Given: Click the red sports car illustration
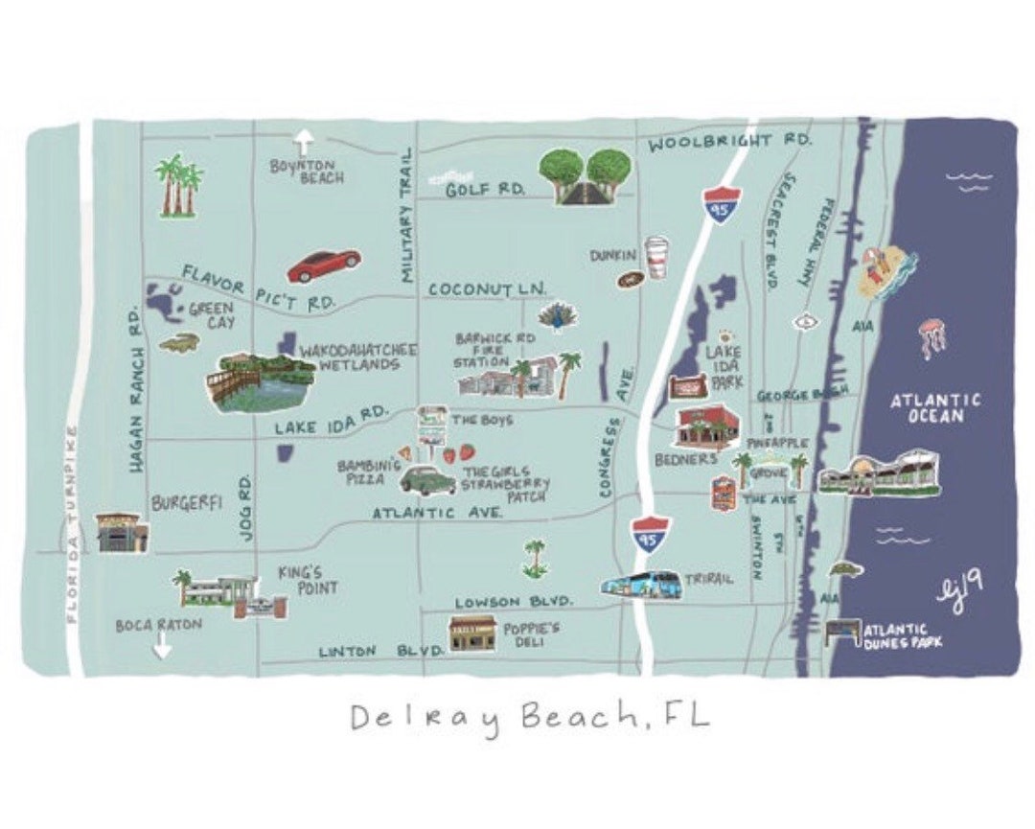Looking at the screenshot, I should pyautogui.click(x=324, y=265).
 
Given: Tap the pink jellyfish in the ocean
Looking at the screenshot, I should pyautogui.click(x=931, y=338).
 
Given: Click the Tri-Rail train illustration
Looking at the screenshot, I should pyautogui.click(x=641, y=585).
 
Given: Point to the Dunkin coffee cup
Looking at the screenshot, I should pyautogui.click(x=656, y=258).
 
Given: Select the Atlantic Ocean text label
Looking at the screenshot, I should pyautogui.click(x=935, y=408).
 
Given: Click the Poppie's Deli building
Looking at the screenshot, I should pyautogui.click(x=472, y=633).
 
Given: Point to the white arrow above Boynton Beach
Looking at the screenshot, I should pyautogui.click(x=304, y=142).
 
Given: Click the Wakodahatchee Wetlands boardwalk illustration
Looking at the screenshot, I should pyautogui.click(x=261, y=381).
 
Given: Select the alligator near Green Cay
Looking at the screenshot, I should pyautogui.click(x=179, y=342).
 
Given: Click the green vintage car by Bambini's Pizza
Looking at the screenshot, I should pyautogui.click(x=427, y=478).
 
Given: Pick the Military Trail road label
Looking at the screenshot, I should pyautogui.click(x=406, y=215).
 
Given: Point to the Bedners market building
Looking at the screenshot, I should pyautogui.click(x=706, y=427).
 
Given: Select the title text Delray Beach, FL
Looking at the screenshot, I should pyautogui.click(x=530, y=717).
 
